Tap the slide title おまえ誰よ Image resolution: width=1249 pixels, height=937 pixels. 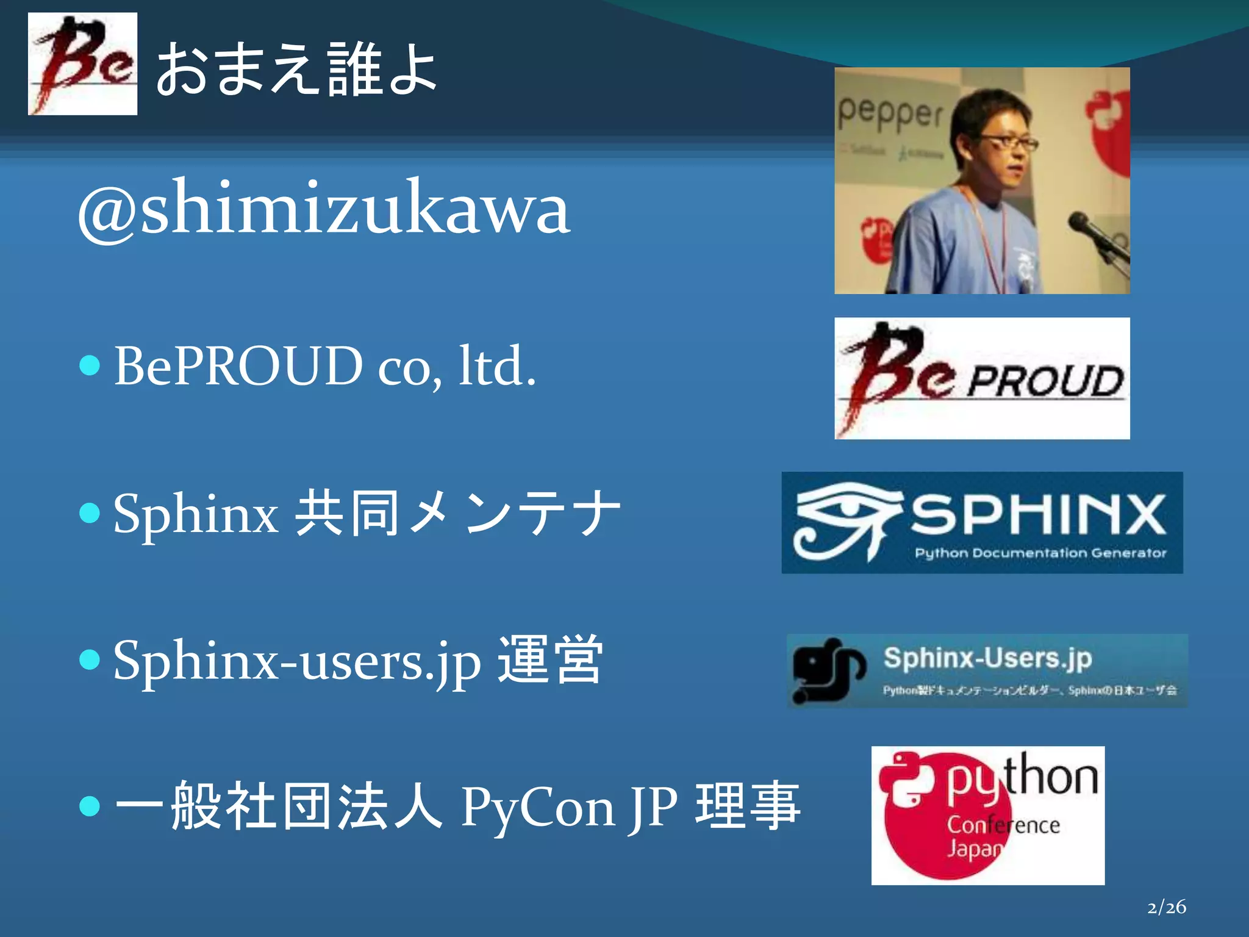296,70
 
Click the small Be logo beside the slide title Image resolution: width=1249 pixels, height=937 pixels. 82,64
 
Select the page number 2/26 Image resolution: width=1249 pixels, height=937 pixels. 1166,907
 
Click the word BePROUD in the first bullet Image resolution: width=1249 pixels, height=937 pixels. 238,366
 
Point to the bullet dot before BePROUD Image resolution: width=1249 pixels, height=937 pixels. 90,366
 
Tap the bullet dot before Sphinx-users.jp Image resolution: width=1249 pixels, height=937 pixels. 90,660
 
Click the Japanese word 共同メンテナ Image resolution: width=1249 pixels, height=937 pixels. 457,514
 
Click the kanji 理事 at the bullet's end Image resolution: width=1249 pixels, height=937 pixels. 748,806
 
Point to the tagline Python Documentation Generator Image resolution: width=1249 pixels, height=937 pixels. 1040,553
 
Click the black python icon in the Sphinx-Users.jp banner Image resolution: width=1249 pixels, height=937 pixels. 828,670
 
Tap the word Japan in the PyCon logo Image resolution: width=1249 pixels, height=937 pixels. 973,849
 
